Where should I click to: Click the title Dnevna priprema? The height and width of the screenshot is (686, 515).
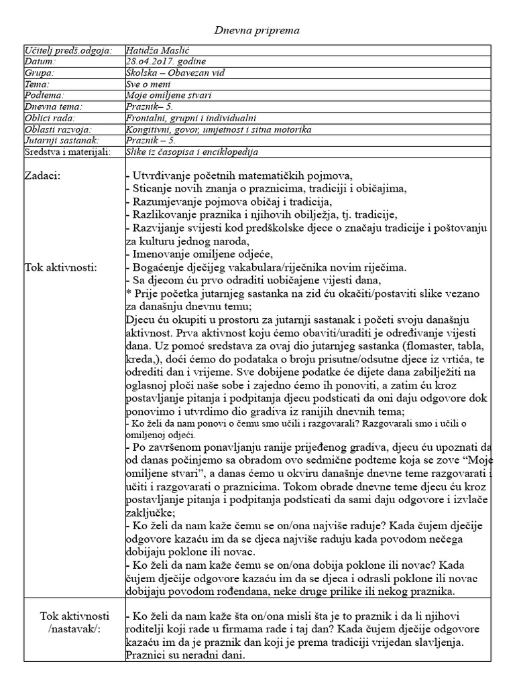tap(257, 31)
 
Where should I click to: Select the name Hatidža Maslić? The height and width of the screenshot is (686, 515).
tap(159, 50)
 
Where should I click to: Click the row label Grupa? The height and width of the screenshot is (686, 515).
tap(39, 73)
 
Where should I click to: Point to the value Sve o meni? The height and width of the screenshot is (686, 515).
tap(148, 84)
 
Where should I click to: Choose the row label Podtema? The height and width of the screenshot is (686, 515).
tap(44, 96)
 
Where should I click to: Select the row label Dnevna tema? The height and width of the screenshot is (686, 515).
tap(53, 107)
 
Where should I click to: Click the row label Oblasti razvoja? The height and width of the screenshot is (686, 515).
tap(57, 129)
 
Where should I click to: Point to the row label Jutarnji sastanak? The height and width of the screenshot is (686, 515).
tap(61, 141)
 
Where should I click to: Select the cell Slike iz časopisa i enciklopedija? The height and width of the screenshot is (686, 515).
tap(192, 152)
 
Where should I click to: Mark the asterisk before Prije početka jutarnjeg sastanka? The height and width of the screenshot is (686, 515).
tap(128, 294)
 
